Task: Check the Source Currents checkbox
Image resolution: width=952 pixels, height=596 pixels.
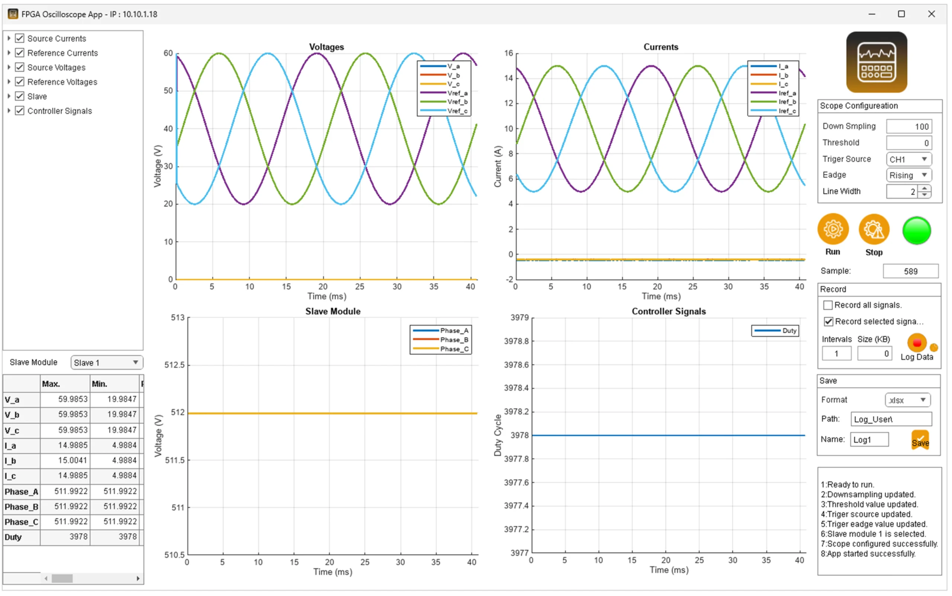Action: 20,38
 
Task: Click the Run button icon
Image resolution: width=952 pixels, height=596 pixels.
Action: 832,229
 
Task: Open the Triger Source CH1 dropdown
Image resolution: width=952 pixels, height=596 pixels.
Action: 908,159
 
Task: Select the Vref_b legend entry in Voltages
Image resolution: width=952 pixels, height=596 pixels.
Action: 457,102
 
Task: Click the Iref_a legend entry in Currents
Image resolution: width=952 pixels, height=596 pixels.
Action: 787,93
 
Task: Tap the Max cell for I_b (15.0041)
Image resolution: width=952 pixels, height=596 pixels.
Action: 65,460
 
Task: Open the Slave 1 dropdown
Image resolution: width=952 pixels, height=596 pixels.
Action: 106,362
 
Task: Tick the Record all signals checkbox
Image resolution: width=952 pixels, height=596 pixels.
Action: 828,305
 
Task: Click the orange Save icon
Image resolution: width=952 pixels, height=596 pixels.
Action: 920,439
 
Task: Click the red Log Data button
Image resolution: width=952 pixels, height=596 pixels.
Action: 917,343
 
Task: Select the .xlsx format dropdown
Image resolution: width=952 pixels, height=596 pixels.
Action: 907,400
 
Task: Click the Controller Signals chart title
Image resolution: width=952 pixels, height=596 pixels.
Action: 668,312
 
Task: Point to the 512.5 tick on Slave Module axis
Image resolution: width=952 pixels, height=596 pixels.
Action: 174,365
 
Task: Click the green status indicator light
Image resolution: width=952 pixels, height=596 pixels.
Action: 916,231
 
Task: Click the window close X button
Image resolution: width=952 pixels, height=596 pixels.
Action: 931,14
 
